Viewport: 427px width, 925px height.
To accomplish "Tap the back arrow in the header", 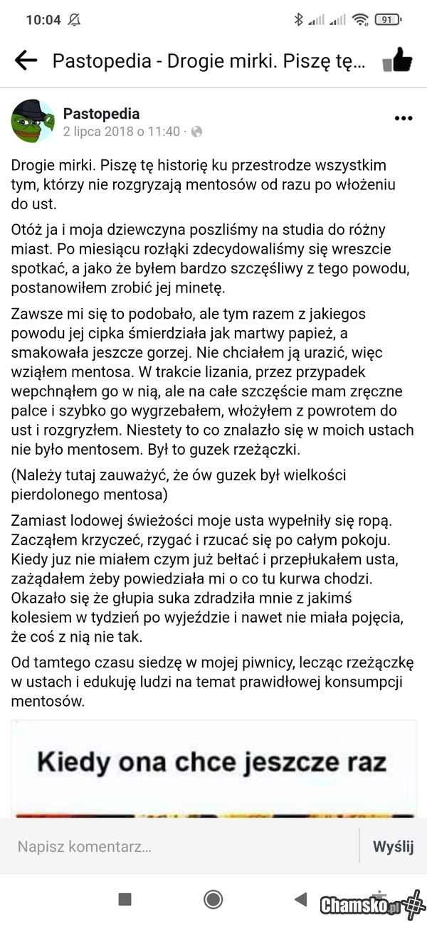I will [26, 61].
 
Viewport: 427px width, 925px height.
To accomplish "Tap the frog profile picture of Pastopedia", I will [33, 121].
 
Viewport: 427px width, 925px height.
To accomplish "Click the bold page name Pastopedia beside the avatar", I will [101, 114].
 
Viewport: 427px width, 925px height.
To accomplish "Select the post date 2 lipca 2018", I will [121, 132].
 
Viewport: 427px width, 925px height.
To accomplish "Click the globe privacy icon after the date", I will [197, 132].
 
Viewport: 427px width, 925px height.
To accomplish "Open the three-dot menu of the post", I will [403, 118].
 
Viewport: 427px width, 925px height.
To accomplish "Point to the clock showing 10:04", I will [43, 20].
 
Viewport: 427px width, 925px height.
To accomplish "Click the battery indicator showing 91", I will [386, 20].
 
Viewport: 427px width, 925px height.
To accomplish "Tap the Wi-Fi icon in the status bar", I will [360, 20].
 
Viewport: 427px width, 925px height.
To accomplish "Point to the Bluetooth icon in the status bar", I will [298, 20].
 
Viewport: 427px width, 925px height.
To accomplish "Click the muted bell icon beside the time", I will [74, 20].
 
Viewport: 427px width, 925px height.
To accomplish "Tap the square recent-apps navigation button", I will [125, 899].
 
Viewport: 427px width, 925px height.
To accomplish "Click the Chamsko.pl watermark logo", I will [371, 905].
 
